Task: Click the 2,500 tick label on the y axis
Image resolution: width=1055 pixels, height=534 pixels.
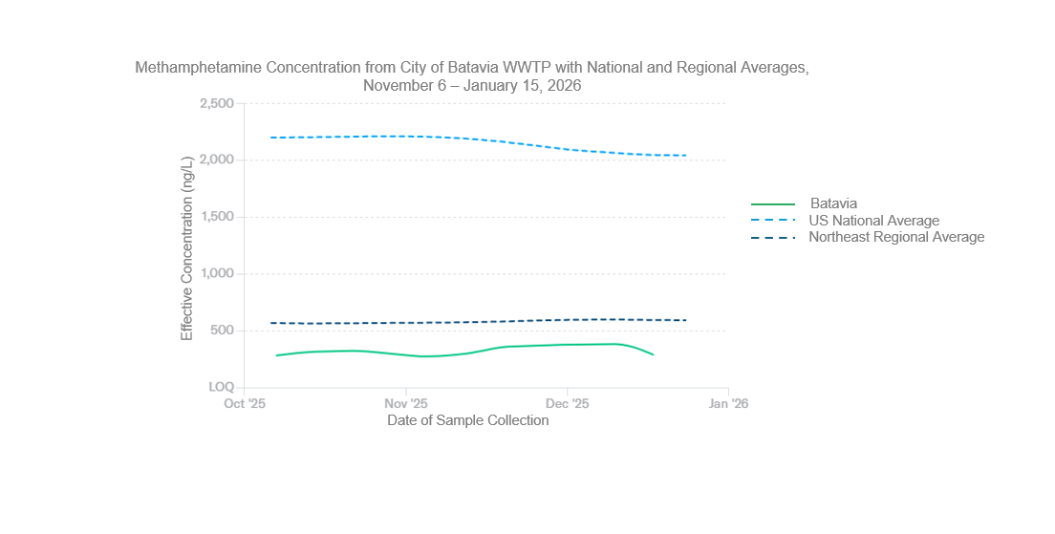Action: (217, 103)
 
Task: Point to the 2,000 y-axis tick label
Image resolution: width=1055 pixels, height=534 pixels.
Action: (217, 160)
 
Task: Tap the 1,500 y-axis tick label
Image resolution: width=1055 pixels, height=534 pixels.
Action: (217, 217)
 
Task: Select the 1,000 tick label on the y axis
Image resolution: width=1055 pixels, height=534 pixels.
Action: (217, 274)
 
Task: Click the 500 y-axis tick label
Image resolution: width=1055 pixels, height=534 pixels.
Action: (222, 331)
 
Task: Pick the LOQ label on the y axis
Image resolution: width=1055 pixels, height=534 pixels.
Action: (221, 387)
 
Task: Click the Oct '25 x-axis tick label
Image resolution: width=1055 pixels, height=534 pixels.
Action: (245, 403)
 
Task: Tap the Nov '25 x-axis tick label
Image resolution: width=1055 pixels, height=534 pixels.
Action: (406, 403)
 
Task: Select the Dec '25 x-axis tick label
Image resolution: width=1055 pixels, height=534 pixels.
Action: (567, 403)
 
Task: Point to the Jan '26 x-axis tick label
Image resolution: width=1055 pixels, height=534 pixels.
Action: (728, 403)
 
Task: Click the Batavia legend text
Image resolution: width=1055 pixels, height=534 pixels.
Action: (833, 203)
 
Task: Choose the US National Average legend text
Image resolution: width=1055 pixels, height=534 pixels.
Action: (873, 221)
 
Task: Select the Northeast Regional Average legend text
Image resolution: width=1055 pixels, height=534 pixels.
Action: (896, 237)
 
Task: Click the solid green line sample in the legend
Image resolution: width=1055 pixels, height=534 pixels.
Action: (773, 203)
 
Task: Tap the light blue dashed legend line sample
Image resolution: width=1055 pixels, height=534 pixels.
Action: (773, 221)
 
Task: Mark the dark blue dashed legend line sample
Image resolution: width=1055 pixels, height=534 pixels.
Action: (773, 237)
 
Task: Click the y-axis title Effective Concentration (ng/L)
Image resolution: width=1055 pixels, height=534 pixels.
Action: (187, 246)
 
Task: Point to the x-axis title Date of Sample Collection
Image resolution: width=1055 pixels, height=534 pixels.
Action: (467, 420)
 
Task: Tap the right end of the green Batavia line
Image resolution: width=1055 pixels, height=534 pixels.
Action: (654, 354)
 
